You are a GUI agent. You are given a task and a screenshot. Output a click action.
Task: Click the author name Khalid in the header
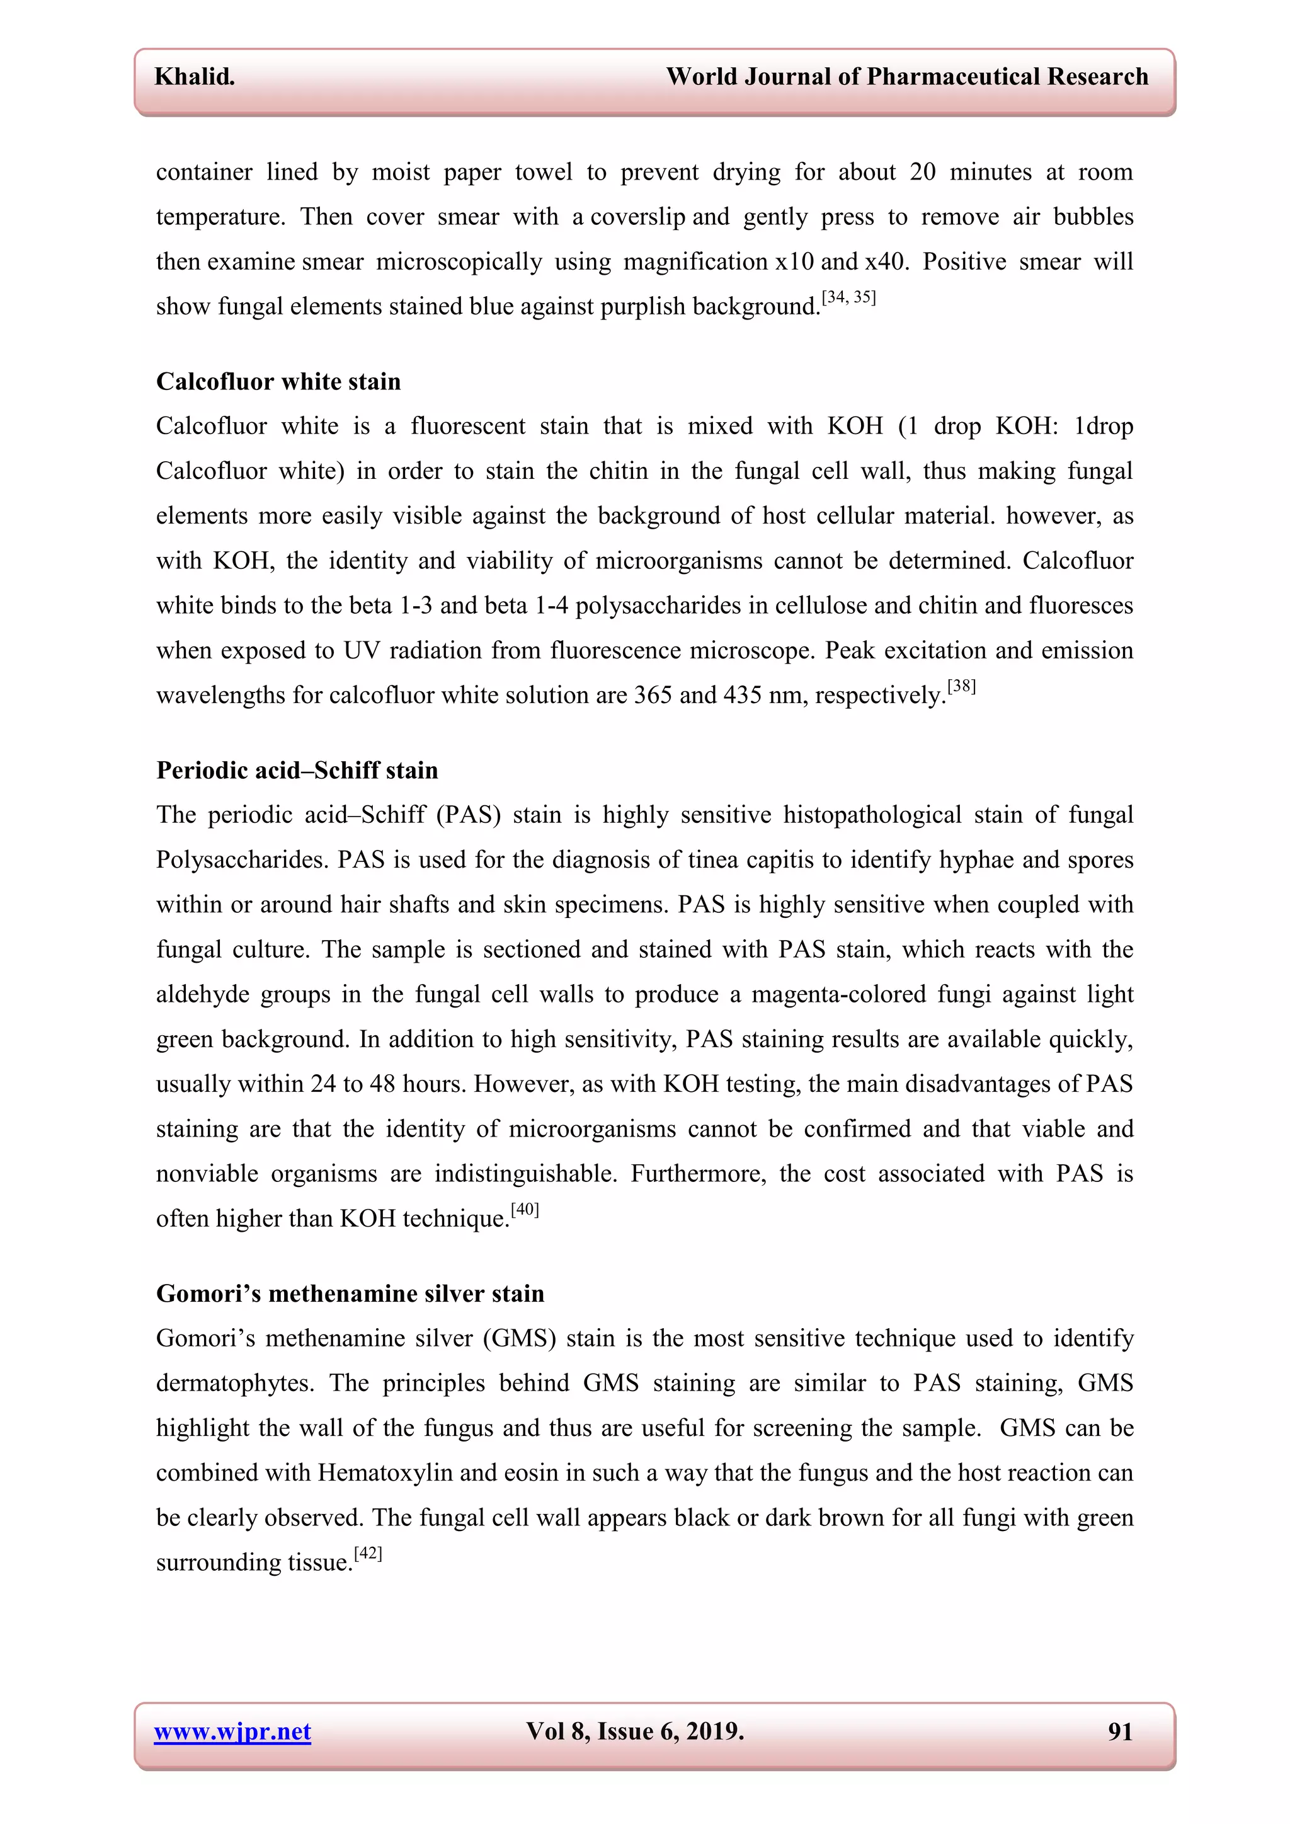tap(195, 76)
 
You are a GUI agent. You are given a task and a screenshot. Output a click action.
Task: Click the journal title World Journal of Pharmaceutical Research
tap(906, 76)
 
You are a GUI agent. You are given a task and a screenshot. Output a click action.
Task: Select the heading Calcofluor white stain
tap(278, 381)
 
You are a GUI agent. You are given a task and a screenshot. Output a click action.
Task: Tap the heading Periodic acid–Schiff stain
tap(297, 770)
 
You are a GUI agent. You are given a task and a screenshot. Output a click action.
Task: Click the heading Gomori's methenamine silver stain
tap(350, 1293)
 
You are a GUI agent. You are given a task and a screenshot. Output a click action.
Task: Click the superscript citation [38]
tap(961, 686)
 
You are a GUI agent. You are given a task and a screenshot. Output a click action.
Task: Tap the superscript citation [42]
tap(368, 1553)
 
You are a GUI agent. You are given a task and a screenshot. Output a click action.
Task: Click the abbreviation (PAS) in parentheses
tap(469, 815)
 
